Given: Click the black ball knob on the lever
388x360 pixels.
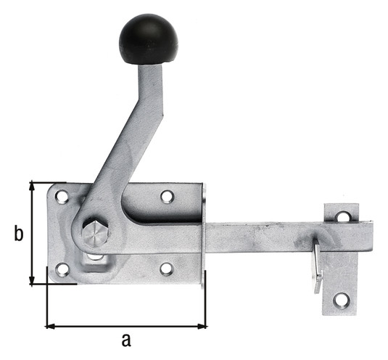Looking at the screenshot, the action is coord(148,39).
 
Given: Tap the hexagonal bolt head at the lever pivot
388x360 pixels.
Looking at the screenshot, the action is coord(96,234).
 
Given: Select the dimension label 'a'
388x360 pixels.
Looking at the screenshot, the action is coord(126,340).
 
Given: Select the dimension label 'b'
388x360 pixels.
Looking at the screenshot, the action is coord(19,233).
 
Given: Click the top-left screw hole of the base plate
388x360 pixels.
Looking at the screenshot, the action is coord(62,197).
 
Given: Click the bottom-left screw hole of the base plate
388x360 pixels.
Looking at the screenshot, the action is coord(62,269).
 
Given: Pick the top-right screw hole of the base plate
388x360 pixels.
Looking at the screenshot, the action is coord(168,197).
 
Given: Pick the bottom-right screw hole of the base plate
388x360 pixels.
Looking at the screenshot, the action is coord(167,269).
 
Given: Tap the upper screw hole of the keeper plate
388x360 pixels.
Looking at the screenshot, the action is coord(343,216).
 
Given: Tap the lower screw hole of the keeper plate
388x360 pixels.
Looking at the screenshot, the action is coord(342,300).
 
